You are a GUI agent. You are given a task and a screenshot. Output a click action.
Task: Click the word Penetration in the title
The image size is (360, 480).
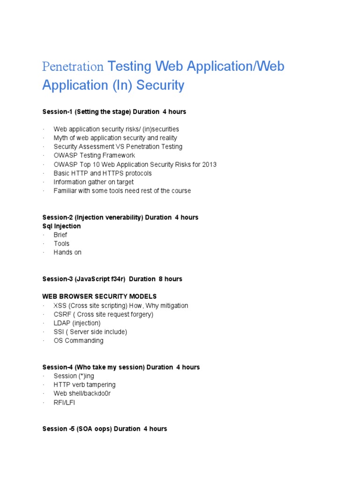[73, 67]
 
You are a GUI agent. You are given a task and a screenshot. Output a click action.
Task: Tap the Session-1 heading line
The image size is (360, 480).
[114, 112]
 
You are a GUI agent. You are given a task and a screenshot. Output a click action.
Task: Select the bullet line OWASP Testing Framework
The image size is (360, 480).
[94, 155]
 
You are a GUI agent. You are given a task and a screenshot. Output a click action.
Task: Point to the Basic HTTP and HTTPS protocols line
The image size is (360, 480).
[103, 173]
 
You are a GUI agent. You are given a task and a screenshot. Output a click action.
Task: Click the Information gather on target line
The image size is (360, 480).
[93, 182]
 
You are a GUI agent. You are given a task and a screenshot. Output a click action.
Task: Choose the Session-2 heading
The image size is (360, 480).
[120, 217]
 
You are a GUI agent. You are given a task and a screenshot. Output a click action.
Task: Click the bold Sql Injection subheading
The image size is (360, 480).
[61, 226]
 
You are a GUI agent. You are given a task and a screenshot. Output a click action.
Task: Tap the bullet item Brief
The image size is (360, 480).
[60, 235]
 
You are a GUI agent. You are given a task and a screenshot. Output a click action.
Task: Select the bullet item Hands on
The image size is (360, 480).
[67, 252]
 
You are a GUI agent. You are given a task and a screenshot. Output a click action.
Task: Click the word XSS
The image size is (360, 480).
[60, 306]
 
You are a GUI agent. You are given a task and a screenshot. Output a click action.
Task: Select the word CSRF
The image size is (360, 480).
[62, 314]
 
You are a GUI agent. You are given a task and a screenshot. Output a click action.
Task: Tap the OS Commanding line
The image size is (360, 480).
[78, 340]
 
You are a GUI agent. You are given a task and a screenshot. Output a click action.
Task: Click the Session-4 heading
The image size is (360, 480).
[121, 367]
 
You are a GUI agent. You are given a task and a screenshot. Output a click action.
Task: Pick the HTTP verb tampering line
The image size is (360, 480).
[84, 384]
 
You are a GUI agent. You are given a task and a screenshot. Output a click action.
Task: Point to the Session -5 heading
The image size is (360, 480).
[105, 428]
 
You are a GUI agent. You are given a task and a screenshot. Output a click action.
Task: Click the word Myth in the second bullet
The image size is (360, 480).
[61, 138]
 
